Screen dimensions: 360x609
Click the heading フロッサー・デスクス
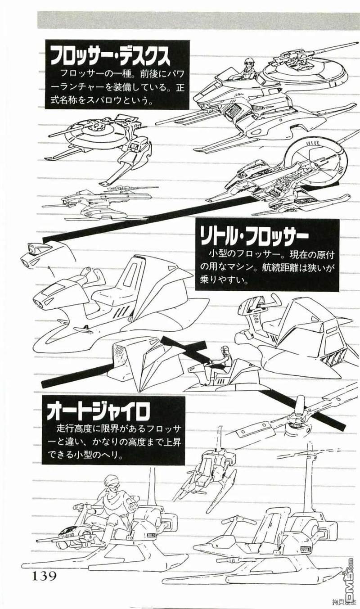point(110,57)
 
